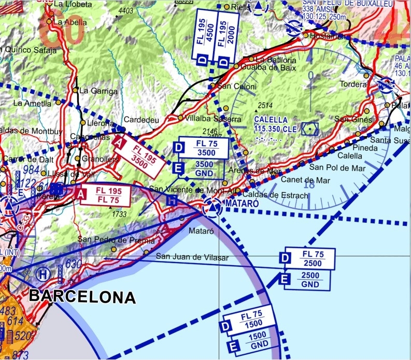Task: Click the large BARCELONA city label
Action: click(x=82, y=297)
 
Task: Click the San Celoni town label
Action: click(x=238, y=86)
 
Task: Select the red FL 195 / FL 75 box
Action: click(x=108, y=195)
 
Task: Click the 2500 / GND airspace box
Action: click(x=310, y=280)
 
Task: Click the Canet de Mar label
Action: click(x=305, y=180)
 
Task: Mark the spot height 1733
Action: click(x=120, y=213)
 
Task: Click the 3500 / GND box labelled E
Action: click(x=203, y=168)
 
